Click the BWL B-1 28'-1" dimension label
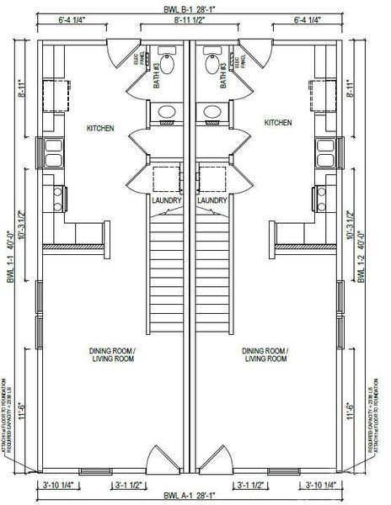pos(195,7)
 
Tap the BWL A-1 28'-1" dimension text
pos(195,497)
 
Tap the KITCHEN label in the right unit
pos(279,123)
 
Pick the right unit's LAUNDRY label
pos(212,201)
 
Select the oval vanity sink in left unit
pos(167,112)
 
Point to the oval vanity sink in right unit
pos(212,112)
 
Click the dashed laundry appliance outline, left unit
pos(164,181)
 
